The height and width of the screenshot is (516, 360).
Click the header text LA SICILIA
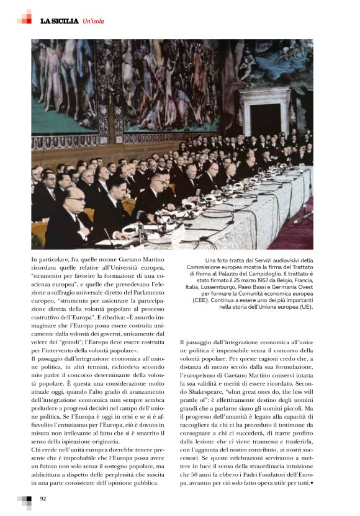coord(60,22)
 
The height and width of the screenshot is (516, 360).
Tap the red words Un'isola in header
coord(94,22)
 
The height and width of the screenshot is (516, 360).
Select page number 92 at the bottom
coord(43,499)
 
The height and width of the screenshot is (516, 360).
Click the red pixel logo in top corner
coord(24,17)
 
